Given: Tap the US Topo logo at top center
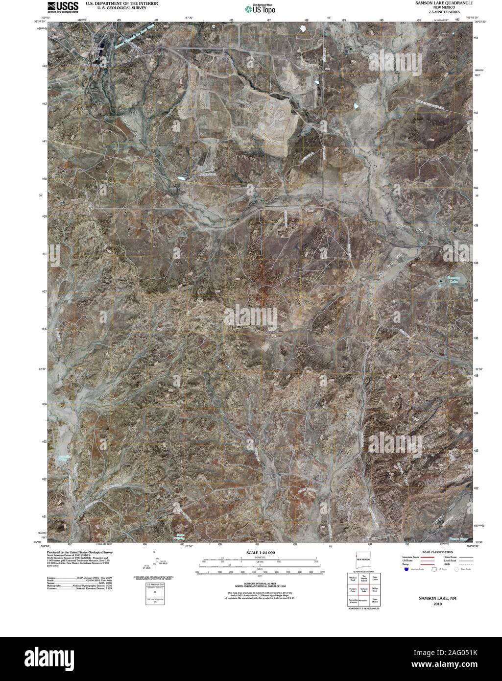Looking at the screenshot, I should click(261, 8).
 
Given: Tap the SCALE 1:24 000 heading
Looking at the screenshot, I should click(261, 553).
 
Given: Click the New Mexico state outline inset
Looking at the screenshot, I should click(363, 559).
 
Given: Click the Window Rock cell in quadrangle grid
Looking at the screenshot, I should click(353, 579).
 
